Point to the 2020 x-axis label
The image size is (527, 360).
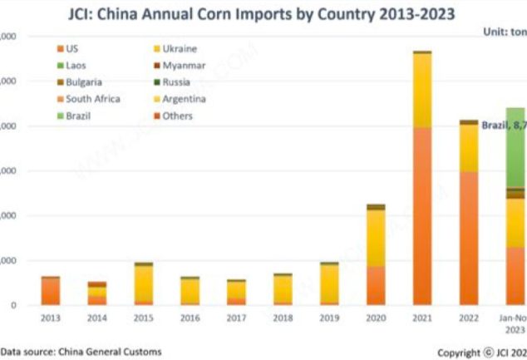376,317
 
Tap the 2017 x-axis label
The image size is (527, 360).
237,317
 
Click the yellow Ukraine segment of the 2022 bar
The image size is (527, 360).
469,148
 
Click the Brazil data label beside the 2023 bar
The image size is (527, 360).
504,125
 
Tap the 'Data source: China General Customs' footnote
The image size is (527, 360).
81,352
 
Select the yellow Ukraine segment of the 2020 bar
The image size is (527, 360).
376,238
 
